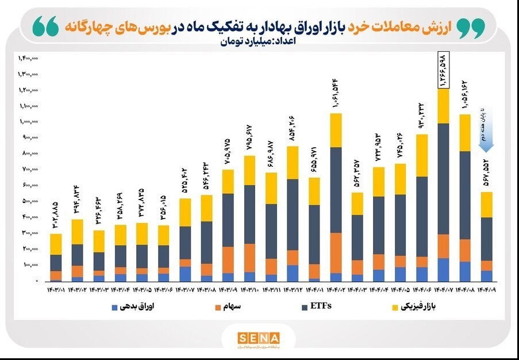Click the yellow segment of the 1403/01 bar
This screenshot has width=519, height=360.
pyautogui.click(x=56, y=244)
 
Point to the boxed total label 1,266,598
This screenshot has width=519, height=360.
pyautogui.click(x=443, y=70)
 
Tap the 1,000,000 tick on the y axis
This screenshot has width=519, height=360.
pyautogui.click(x=27, y=122)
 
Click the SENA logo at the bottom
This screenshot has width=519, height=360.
pyautogui.click(x=259, y=338)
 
